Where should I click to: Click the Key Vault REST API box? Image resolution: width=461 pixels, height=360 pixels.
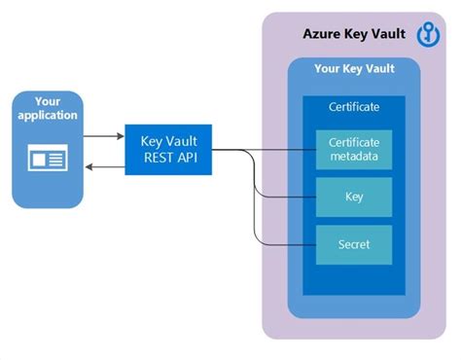[168, 150]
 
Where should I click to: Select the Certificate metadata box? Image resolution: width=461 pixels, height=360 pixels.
[354, 150]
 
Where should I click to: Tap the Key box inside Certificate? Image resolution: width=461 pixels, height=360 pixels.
[354, 197]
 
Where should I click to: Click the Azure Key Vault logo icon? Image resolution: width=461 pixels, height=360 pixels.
[429, 34]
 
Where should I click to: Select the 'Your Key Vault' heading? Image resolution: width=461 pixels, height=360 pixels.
[354, 70]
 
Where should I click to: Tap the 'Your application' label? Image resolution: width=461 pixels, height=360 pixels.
[48, 109]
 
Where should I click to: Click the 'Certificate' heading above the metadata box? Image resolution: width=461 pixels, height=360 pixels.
[354, 107]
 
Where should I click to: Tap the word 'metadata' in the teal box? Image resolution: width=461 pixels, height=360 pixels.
[354, 158]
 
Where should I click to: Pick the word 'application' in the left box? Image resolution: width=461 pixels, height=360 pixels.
[48, 116]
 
